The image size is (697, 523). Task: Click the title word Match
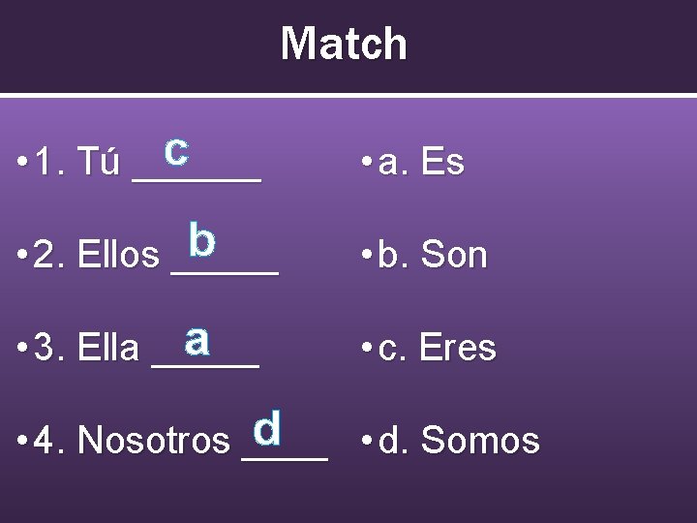pyautogui.click(x=344, y=45)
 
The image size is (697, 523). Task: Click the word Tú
pyautogui.click(x=99, y=163)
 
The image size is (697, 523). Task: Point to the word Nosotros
pyautogui.click(x=153, y=441)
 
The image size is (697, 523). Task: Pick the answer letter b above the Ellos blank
pyautogui.click(x=202, y=239)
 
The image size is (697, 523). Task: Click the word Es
pyautogui.click(x=443, y=163)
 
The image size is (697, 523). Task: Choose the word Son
pyautogui.click(x=454, y=256)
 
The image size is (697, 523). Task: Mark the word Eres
pyautogui.click(x=458, y=349)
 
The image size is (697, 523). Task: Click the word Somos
pyautogui.click(x=480, y=441)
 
